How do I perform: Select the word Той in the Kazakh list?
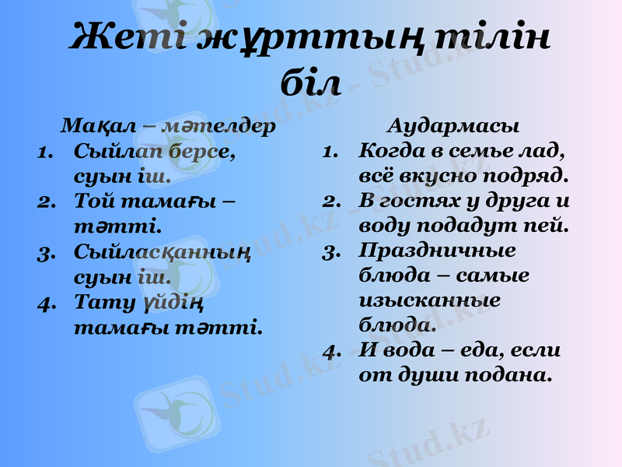(x=92, y=201)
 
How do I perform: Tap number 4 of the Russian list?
(x=333, y=349)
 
